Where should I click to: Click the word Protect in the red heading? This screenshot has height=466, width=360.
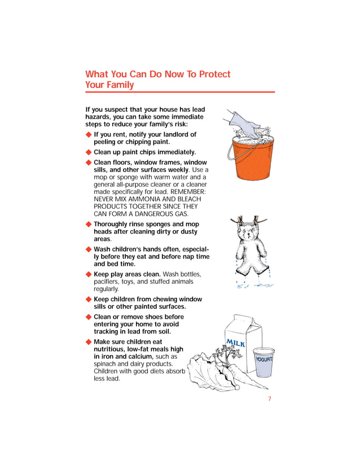[214, 74]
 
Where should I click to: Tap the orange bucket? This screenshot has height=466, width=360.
[252, 159]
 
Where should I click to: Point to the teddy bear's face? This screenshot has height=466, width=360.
[248, 232]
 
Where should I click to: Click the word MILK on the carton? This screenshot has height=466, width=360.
[235, 343]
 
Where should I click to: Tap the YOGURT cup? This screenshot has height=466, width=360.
[264, 362]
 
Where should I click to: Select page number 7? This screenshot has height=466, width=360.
[270, 399]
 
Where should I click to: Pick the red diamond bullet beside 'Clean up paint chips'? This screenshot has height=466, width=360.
[89, 152]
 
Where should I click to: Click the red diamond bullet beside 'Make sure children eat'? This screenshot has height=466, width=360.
[89, 342]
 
